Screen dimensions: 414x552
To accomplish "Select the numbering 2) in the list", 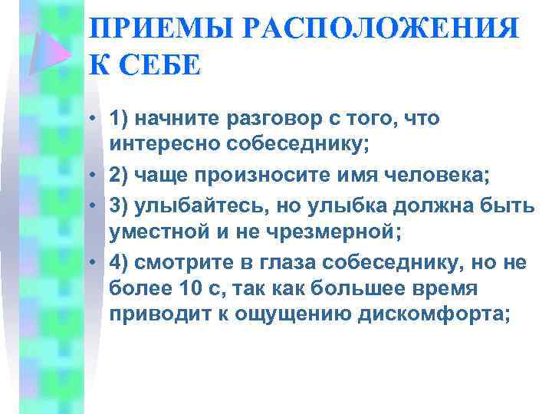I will tap(120, 175).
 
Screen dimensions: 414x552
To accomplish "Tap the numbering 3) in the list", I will tap(120, 203).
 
